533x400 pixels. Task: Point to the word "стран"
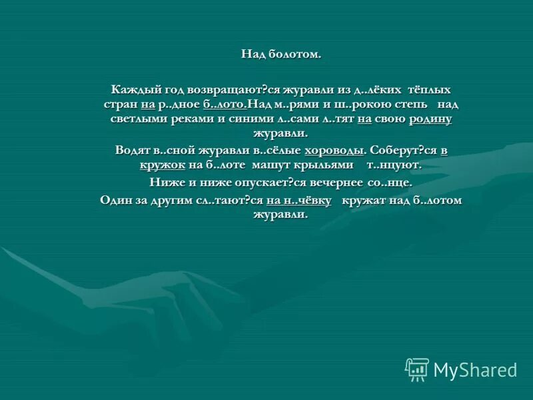(x=120, y=105)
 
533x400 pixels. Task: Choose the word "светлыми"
(x=137, y=119)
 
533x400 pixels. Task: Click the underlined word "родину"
(x=430, y=119)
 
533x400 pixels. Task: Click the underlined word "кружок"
(x=163, y=165)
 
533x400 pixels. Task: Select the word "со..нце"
(x=389, y=182)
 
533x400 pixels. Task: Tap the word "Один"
(x=117, y=200)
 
